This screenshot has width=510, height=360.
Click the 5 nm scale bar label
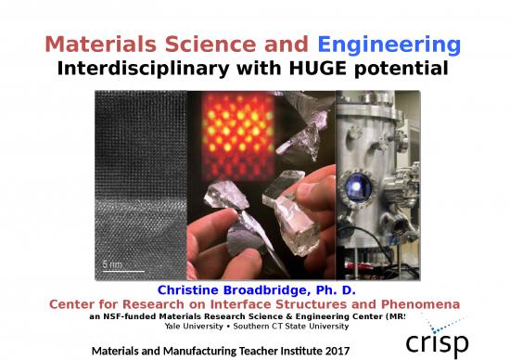coord(111,263)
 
